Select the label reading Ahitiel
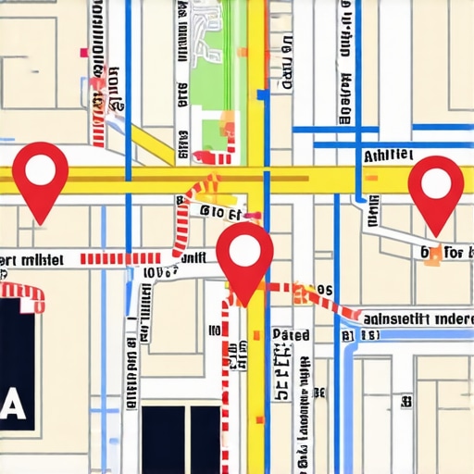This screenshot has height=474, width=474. [x=389, y=156]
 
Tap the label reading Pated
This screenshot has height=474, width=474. [x=291, y=334]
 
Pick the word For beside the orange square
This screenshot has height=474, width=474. [x=455, y=252]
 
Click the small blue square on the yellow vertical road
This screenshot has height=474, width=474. [x=263, y=94]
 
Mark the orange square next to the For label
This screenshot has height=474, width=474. [x=432, y=257]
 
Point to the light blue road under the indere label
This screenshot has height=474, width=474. [x=407, y=335]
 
